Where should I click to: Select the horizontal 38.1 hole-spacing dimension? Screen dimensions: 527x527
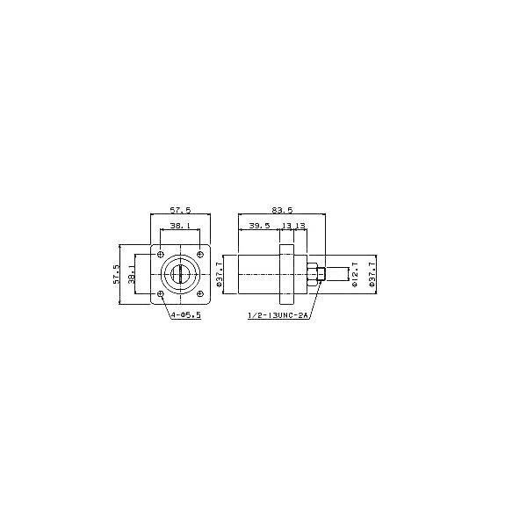(x=180, y=227)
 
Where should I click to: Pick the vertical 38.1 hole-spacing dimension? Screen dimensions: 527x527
(x=132, y=274)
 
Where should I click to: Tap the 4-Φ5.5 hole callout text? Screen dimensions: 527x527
(x=185, y=314)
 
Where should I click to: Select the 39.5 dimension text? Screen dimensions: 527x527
(x=258, y=227)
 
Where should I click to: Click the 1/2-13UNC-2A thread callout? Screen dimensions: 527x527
(x=280, y=321)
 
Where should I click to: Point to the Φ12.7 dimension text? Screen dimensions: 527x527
(x=355, y=274)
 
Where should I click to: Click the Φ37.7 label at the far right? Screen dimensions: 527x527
(x=372, y=274)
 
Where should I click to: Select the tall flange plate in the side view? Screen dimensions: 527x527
(x=285, y=274)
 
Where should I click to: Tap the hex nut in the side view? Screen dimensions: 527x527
(x=313, y=274)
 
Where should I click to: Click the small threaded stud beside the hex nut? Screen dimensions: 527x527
(x=324, y=274)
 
